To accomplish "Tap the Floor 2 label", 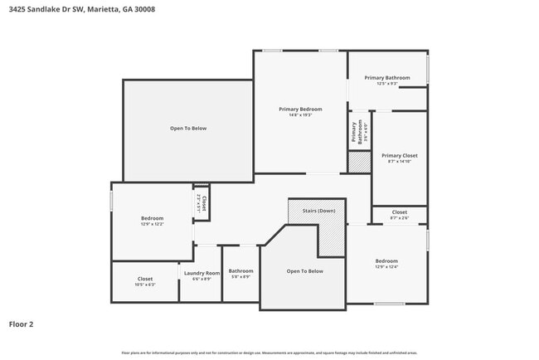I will click(22, 324).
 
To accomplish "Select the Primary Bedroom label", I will click(300, 109).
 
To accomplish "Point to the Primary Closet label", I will click(400, 155).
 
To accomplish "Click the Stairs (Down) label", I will click(319, 211).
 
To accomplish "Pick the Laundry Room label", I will click(202, 273).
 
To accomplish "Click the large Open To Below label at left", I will click(188, 129).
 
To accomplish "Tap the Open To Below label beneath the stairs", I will click(304, 271).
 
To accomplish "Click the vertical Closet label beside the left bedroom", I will click(202, 202).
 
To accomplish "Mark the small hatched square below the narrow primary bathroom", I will click(359, 163).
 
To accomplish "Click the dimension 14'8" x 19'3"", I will click(300, 114).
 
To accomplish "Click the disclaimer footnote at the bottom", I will click(269, 353).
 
